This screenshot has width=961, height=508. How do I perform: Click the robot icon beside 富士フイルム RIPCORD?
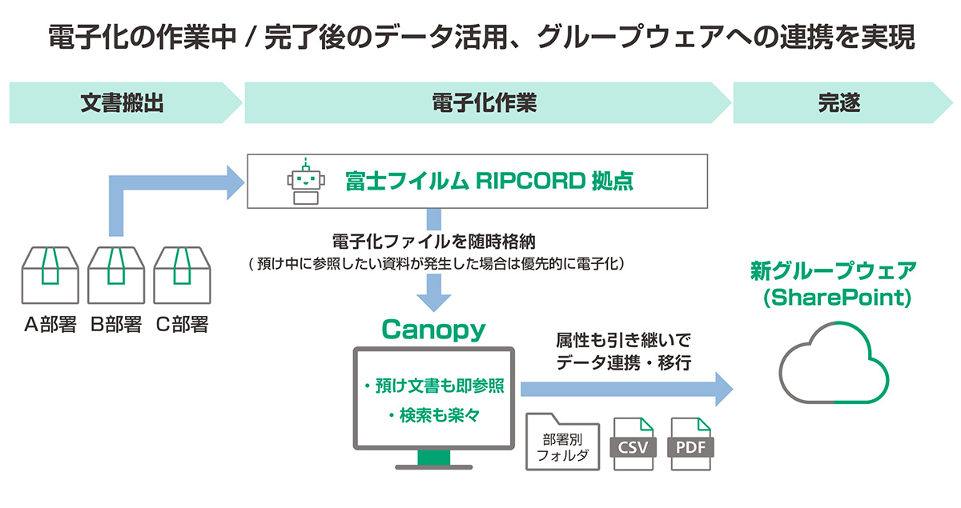click(304, 181)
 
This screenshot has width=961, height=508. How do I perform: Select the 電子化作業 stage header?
click(484, 102)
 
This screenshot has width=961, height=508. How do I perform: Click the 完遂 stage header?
click(838, 102)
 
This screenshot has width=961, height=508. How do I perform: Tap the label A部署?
click(50, 324)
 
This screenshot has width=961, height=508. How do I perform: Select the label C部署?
click(182, 324)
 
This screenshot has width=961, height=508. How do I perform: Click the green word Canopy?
click(433, 329)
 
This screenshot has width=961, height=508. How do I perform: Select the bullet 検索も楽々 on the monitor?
click(433, 415)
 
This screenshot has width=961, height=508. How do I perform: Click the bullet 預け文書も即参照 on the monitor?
click(433, 386)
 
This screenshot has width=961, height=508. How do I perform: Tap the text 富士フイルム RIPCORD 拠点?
click(489, 181)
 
